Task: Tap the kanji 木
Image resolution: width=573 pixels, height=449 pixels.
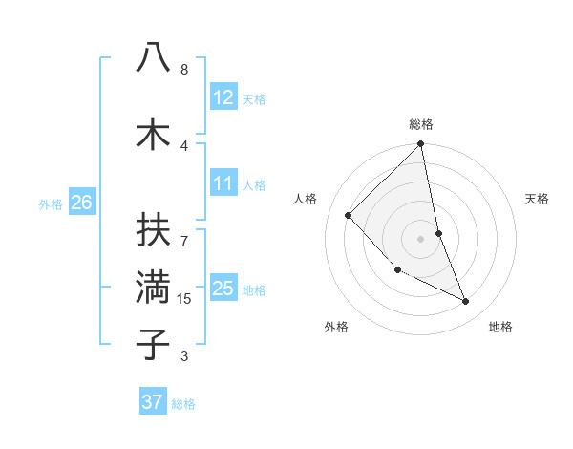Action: pyautogui.click(x=153, y=134)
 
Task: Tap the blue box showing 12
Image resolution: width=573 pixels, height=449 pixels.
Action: pyautogui.click(x=223, y=97)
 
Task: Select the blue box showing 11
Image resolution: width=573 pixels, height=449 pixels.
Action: pyautogui.click(x=223, y=183)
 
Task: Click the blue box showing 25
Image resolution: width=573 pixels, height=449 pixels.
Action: pyautogui.click(x=223, y=289)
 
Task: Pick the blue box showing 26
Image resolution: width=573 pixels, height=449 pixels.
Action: pyautogui.click(x=81, y=203)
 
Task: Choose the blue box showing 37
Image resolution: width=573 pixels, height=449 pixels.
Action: pyautogui.click(x=152, y=402)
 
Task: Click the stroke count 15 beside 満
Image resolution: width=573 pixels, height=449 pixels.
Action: pyautogui.click(x=184, y=299)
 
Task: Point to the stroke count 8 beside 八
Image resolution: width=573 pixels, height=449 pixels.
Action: pyautogui.click(x=184, y=70)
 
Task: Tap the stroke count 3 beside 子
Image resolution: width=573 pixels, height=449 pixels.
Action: pyautogui.click(x=184, y=356)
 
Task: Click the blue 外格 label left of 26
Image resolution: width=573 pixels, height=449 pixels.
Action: pyautogui.click(x=51, y=203)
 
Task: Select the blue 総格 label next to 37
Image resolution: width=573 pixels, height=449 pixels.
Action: pyautogui.click(x=183, y=404)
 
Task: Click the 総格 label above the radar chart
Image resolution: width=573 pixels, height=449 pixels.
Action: pyautogui.click(x=421, y=124)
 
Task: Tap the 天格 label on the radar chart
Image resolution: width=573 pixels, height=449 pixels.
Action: pyautogui.click(x=538, y=199)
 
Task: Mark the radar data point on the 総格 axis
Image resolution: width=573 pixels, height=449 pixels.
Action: pyautogui.click(x=421, y=145)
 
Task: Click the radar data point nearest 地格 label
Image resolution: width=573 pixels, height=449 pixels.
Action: pyautogui.click(x=466, y=302)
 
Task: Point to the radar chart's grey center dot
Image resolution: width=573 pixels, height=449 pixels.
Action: pyautogui.click(x=421, y=238)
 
